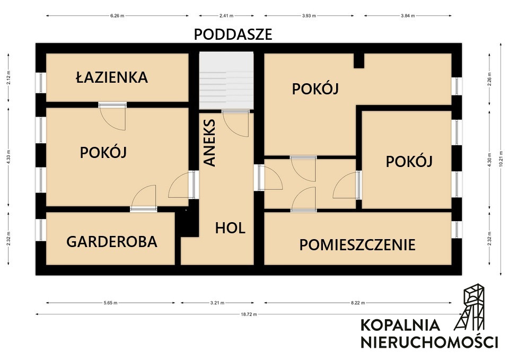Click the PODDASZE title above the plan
pos(233,34)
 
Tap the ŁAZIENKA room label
pos(112,77)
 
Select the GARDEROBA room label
pos(112,242)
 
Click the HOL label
pos(230,228)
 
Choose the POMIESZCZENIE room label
pos(357,245)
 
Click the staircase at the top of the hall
pos(226,81)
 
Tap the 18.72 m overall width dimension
pos(249,314)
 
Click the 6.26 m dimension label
pos(117,15)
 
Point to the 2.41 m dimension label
pos(226,15)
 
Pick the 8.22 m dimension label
pos(358,303)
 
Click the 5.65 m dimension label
pos(110,303)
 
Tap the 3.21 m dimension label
pos(217,303)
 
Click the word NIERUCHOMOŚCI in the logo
pos(429,342)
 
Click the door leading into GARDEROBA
pos(144,198)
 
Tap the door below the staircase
pos(235,124)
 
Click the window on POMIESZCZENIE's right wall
pos(457,229)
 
